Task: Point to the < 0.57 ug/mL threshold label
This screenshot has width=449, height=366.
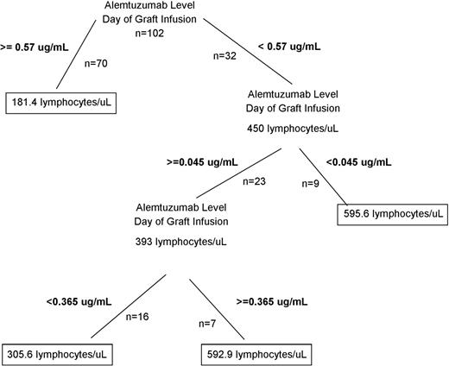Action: point(295,45)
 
